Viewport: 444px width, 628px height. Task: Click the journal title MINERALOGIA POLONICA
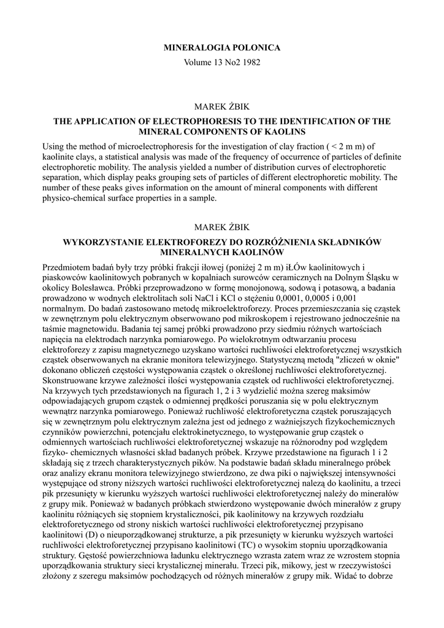click(222, 48)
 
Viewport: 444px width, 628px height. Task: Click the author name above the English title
click(222, 107)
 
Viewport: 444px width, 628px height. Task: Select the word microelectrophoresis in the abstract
click(147, 147)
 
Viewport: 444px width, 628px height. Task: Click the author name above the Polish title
click(222, 228)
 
